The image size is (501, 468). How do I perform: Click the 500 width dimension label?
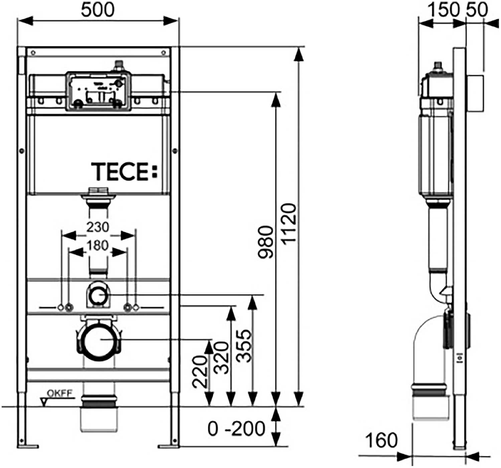(x=98, y=10)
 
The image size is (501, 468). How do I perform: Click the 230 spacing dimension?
(x=98, y=227)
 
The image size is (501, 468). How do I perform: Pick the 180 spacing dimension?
(x=98, y=246)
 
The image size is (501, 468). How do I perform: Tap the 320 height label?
(x=222, y=358)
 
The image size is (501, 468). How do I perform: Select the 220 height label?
(x=200, y=372)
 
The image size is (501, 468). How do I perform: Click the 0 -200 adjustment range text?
(x=236, y=429)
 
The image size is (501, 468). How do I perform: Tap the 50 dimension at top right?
(x=477, y=10)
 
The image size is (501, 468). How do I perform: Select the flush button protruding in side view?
(x=475, y=94)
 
